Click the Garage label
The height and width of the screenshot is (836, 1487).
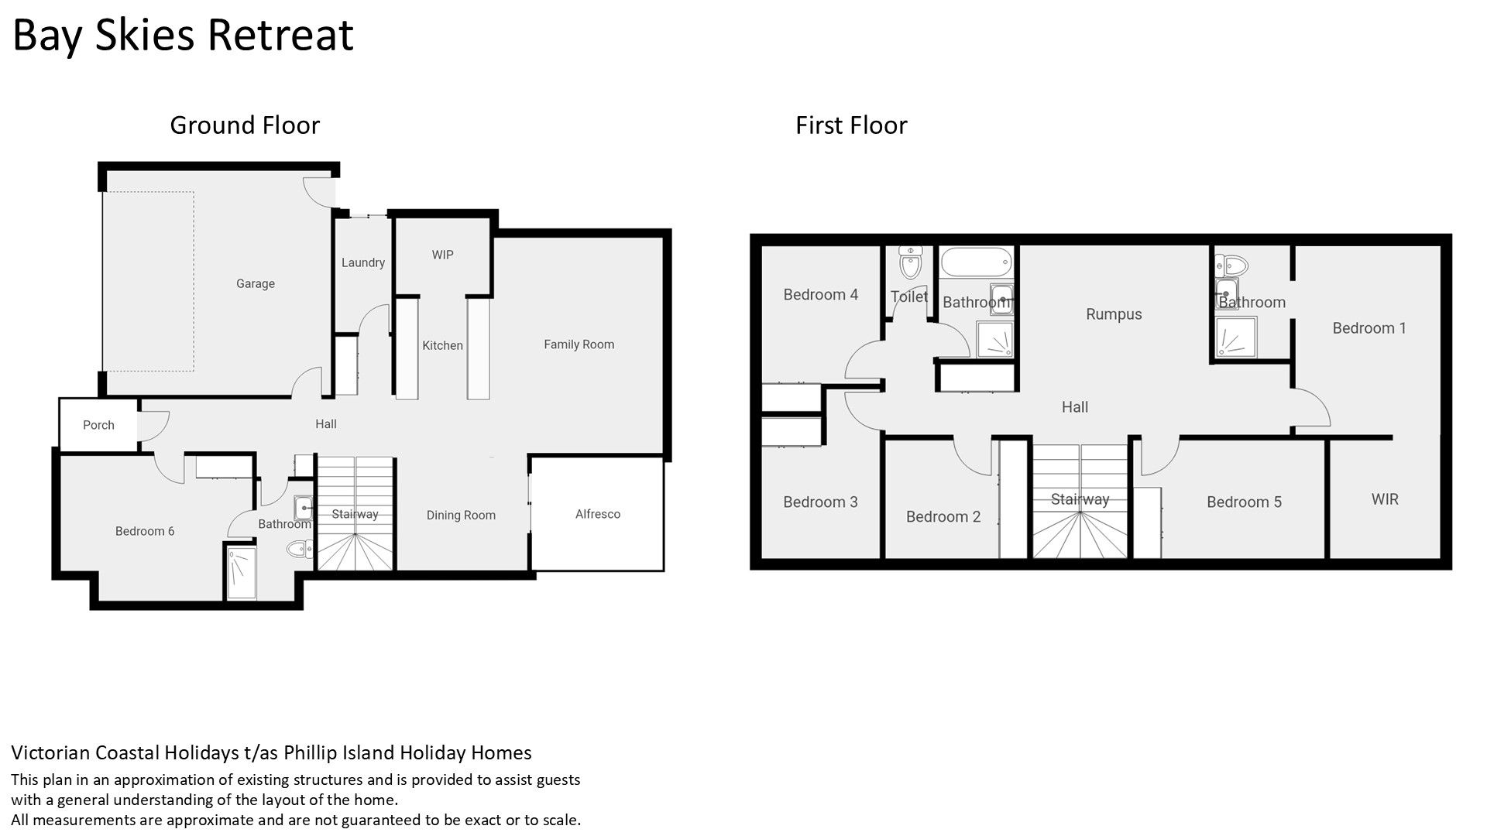256,284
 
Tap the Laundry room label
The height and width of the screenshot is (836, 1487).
363,263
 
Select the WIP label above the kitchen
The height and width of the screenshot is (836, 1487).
442,255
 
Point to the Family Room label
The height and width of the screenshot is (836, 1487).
579,344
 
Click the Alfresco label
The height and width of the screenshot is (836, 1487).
597,514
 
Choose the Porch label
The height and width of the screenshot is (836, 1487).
98,425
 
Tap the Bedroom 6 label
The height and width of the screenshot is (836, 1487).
145,531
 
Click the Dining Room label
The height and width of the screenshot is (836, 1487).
461,516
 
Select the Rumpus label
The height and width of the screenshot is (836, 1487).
1114,314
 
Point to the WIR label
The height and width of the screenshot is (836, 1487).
1385,499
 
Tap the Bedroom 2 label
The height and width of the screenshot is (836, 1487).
943,517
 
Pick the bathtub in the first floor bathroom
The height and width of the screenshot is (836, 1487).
976,262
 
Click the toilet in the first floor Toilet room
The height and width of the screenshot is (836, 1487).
910,263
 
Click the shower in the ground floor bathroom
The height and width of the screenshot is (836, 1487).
241,573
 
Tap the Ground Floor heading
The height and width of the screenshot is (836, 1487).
245,125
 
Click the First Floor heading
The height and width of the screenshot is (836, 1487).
851,125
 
